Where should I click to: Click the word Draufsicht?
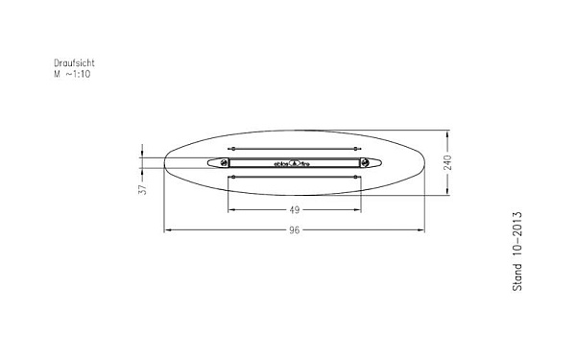(74, 63)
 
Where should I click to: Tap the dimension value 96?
(296, 231)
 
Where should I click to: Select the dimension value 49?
(296, 210)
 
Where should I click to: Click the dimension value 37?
(142, 190)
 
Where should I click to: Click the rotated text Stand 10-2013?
(517, 251)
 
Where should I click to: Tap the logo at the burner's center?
(296, 163)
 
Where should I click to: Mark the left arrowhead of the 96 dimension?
(168, 230)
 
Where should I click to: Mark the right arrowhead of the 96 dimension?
(423, 230)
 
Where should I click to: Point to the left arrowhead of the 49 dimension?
(230, 209)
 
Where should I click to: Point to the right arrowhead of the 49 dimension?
(361, 209)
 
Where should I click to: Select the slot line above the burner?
(296, 149)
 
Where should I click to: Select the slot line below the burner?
(296, 178)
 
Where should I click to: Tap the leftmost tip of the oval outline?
(165, 163)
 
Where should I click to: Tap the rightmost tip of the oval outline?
(426, 163)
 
